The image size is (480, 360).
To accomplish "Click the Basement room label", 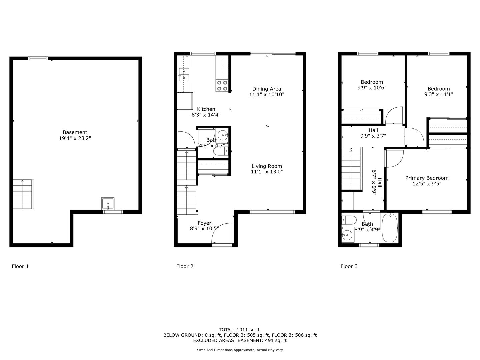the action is (x=75, y=132).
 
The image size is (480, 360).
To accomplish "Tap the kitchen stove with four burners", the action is (x=222, y=85).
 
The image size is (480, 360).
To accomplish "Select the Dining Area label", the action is (x=267, y=89).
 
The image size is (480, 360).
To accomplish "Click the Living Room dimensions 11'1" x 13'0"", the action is (x=267, y=172).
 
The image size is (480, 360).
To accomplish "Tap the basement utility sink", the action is (x=108, y=203).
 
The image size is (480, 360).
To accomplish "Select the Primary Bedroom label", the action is (x=427, y=178).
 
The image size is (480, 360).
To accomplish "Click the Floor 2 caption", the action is (x=185, y=266).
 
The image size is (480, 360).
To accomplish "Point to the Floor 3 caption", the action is (x=349, y=266).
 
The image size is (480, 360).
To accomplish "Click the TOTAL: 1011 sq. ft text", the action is (x=240, y=330).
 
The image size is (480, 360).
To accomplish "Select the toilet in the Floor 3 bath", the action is (x=349, y=220).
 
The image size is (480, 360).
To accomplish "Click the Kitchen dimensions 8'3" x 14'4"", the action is (x=206, y=115).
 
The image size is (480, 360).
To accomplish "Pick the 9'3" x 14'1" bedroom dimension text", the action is (x=439, y=94).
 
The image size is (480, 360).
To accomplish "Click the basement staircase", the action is (x=23, y=194).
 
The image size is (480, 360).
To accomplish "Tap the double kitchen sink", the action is (x=184, y=75).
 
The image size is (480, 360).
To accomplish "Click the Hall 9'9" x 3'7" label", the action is (x=373, y=133).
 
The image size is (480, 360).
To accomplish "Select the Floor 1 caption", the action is (x=20, y=266).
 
